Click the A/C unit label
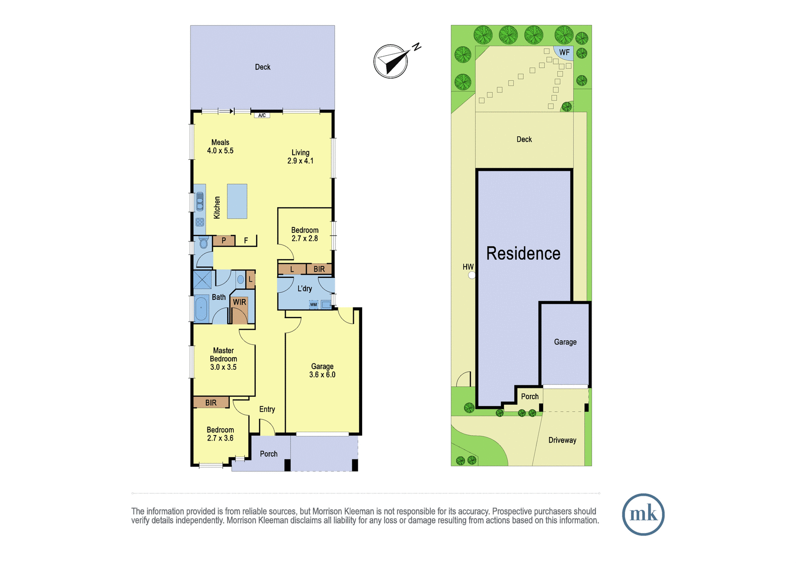point(262,115)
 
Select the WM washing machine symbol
point(313,305)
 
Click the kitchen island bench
point(237,201)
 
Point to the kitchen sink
point(199,202)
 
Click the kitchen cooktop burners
point(199,223)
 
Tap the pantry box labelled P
point(224,241)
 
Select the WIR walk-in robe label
point(239,302)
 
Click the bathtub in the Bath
point(201,308)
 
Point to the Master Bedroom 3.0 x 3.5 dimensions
point(223,367)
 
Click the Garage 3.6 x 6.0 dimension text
point(322,374)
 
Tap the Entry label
point(267,409)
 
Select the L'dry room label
point(304,288)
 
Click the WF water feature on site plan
point(564,53)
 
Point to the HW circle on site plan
point(472,275)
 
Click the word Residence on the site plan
point(523,253)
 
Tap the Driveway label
point(562,441)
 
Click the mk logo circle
point(643,514)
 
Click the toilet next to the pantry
point(203,243)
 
